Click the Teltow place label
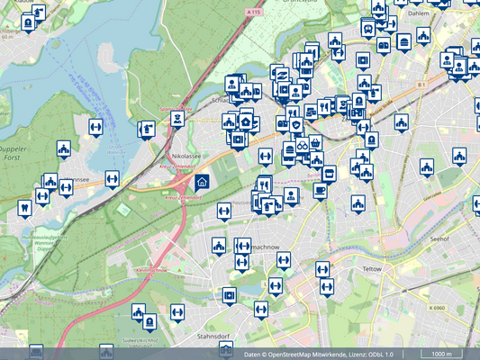[373, 268]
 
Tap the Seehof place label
[439, 238]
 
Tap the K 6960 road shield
[438, 308]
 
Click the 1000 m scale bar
[441, 354]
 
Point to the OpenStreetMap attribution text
[320, 354]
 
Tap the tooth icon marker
[24, 208]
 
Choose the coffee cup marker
[320, 191]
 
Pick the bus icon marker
[367, 28]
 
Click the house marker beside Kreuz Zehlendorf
[202, 183]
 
